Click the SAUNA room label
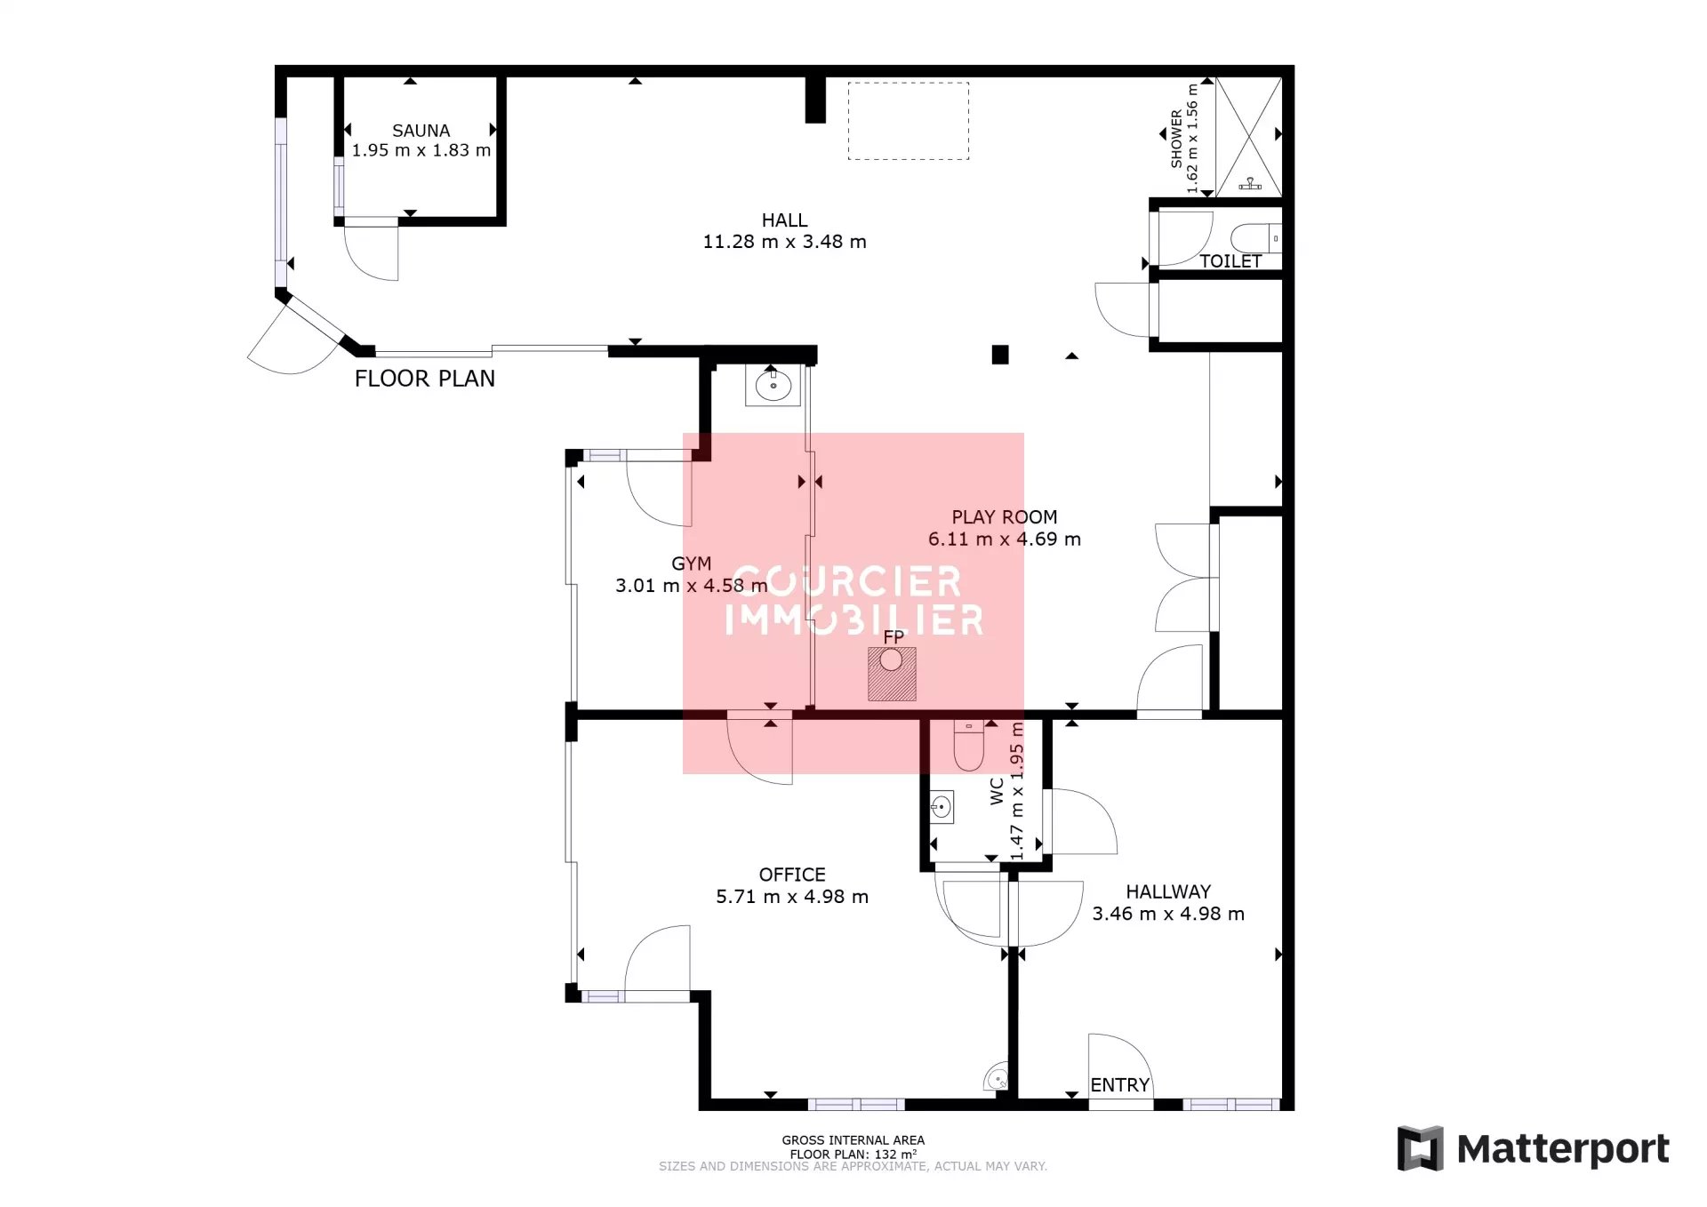[421, 131]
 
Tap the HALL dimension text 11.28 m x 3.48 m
[784, 242]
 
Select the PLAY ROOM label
[1005, 517]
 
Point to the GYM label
[692, 564]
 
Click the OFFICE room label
[792, 875]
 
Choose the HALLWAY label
[1168, 891]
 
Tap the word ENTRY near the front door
[1120, 1085]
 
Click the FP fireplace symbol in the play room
[892, 675]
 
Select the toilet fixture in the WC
[968, 745]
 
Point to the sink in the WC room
[942, 807]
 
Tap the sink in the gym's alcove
[773, 386]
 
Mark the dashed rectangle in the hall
[908, 121]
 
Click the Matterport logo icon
[1420, 1148]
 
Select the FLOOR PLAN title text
[425, 379]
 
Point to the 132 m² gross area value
[895, 1155]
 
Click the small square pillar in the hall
[1000, 355]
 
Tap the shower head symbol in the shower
[1251, 184]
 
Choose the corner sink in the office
[997, 1077]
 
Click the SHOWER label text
[1176, 139]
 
